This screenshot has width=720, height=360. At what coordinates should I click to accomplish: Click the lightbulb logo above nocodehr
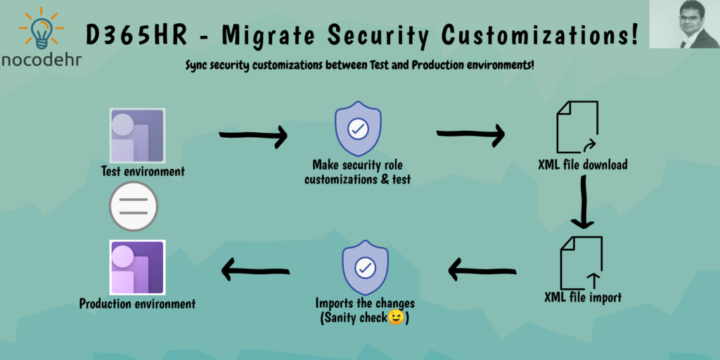click(41, 29)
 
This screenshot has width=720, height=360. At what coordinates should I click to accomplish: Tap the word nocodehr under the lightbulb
click(41, 59)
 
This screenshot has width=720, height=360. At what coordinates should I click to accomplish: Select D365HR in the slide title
click(136, 36)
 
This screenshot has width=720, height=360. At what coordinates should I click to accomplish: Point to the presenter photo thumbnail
click(684, 24)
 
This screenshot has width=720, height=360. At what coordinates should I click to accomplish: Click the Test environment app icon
click(137, 136)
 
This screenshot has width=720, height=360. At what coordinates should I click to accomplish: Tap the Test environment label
click(143, 172)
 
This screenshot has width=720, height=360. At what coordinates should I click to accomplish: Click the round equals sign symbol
click(133, 206)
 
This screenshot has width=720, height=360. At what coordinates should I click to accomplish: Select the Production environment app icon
click(137, 267)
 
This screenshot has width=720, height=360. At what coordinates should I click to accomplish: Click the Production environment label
click(137, 304)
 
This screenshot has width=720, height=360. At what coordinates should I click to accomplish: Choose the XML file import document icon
click(581, 263)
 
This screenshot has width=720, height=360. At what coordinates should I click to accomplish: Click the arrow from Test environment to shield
click(253, 135)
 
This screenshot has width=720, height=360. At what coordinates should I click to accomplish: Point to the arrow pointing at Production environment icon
click(255, 270)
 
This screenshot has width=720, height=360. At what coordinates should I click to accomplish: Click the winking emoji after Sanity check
click(396, 317)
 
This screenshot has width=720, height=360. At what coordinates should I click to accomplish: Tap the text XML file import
click(583, 297)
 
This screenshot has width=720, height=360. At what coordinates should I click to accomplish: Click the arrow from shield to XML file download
click(470, 134)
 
